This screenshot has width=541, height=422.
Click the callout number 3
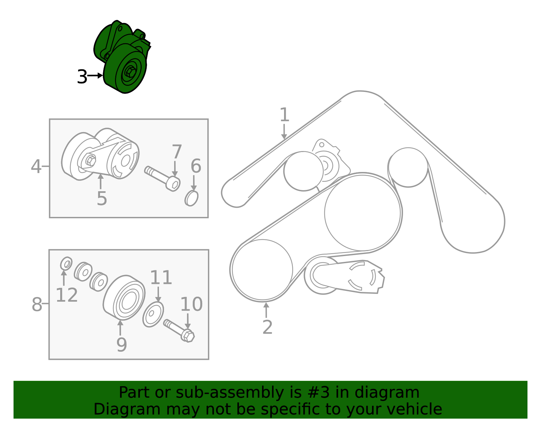point(82,77)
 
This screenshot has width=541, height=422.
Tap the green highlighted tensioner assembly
point(122,57)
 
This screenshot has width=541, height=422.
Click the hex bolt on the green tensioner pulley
point(130,72)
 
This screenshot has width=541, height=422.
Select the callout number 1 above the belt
point(284,115)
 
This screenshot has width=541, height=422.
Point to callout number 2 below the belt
point(267,327)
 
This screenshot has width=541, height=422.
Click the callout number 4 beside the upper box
point(36,166)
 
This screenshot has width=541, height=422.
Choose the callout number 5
point(102,198)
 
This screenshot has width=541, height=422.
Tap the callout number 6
point(196,166)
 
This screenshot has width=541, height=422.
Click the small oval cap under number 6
point(191,198)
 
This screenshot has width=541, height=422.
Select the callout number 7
point(177,151)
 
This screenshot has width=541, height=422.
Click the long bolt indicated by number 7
point(162,178)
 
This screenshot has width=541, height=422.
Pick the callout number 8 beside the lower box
point(37,304)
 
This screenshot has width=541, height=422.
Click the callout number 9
point(121,345)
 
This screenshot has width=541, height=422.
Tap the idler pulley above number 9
point(124,297)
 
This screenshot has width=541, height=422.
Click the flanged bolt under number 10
point(179,330)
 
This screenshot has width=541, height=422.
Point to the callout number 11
point(161,277)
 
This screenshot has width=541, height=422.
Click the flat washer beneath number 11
point(153,314)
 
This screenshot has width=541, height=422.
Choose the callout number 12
point(67,295)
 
